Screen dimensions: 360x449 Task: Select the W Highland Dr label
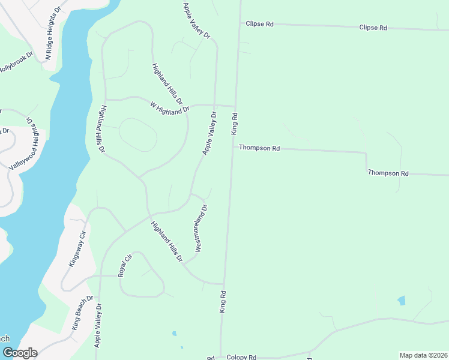169,108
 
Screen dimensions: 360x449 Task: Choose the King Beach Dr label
82,313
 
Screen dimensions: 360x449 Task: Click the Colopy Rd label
241,357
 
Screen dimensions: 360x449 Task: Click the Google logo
19,353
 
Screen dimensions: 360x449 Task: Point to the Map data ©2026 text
423,355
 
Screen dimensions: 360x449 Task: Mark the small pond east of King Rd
401,300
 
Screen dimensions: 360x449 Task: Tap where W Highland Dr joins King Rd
235,106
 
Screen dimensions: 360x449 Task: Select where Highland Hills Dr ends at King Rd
224,284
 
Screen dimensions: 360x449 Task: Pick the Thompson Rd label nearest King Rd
259,148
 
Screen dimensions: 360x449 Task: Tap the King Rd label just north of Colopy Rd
223,301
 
